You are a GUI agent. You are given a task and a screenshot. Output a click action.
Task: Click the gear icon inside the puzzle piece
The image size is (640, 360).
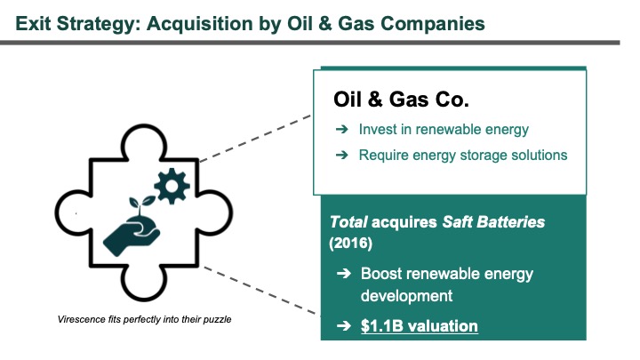[172, 186]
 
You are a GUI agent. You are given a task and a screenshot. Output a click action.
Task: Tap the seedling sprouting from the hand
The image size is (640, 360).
[140, 204]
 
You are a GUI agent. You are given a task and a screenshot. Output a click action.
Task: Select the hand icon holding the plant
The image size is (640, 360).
[132, 236]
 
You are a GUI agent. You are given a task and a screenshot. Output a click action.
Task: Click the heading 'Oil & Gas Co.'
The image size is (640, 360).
[401, 100]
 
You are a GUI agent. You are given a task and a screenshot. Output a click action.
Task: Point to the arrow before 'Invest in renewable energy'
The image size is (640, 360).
[342, 130]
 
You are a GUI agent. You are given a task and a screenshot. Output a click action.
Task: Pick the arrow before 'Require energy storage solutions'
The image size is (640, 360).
[342, 155]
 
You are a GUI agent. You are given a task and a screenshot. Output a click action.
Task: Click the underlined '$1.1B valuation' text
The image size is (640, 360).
[420, 326]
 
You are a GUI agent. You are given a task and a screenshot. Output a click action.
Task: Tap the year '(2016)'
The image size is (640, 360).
[350, 244]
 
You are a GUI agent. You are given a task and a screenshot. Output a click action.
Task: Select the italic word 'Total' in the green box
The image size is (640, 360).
[348, 222]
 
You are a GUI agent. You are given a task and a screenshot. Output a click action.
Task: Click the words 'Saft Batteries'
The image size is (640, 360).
[493, 222]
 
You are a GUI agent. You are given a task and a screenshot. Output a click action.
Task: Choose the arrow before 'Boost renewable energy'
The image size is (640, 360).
[344, 274]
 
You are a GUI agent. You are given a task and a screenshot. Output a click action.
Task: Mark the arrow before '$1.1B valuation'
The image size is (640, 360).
[344, 325]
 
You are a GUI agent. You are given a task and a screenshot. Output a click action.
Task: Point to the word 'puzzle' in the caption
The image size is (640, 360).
[218, 320]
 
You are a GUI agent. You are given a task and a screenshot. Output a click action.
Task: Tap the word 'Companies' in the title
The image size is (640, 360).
[433, 24]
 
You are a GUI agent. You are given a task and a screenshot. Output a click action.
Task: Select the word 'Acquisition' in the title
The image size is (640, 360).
[200, 24]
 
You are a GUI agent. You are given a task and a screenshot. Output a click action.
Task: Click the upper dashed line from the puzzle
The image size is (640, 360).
[255, 139]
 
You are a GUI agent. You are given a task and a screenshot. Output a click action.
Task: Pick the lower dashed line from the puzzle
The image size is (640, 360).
[261, 291]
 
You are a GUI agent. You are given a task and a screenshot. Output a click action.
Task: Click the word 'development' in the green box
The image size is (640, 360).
[406, 296]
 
